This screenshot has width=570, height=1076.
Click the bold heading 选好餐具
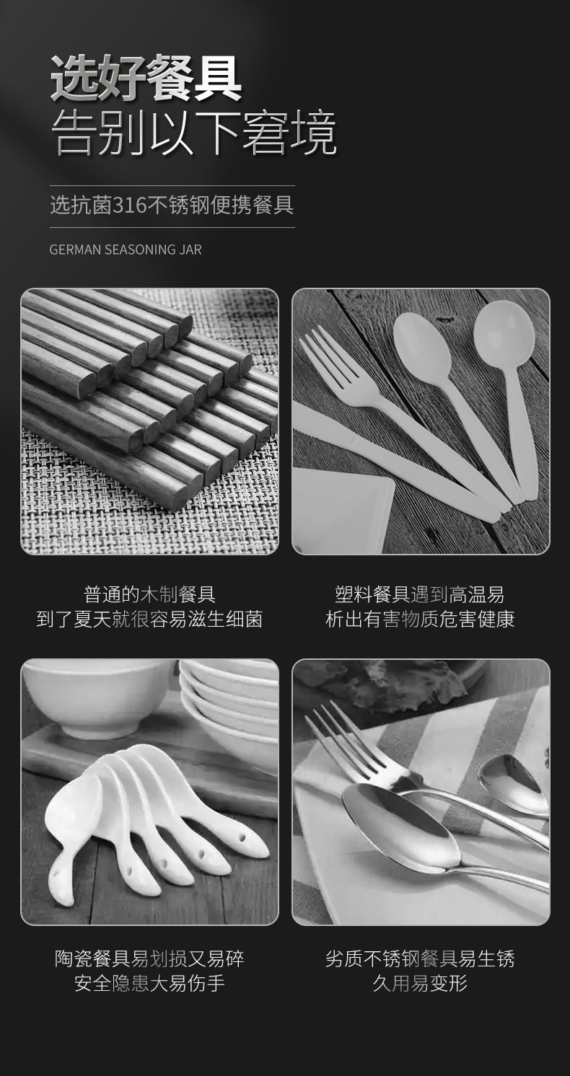click(146, 79)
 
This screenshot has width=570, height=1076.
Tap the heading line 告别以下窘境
click(193, 133)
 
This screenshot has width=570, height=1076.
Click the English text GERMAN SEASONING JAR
click(126, 250)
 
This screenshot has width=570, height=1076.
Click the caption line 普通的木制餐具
click(149, 594)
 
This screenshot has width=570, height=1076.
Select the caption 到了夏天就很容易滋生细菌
click(149, 619)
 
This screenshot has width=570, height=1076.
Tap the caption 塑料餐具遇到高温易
click(420, 594)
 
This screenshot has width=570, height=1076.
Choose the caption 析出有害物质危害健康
click(420, 619)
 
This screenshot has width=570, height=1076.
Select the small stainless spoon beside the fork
click(513, 781)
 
